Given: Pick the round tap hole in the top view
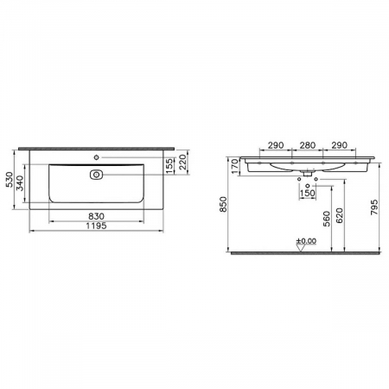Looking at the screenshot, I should pyautogui.click(x=97, y=158).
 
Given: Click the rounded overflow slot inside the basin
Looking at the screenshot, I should pyautogui.click(x=96, y=174).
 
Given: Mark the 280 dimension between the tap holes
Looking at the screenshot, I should pyautogui.click(x=308, y=145).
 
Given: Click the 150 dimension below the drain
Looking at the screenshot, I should pyautogui.click(x=308, y=192).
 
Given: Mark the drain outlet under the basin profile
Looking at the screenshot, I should pyautogui.click(x=308, y=174).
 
